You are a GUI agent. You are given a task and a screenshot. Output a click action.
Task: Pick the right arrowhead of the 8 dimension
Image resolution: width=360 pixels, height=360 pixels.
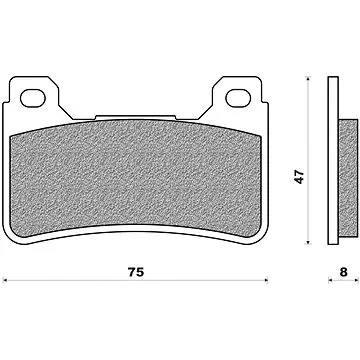356,281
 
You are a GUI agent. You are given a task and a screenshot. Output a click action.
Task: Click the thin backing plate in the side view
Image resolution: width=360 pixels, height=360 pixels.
335,160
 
